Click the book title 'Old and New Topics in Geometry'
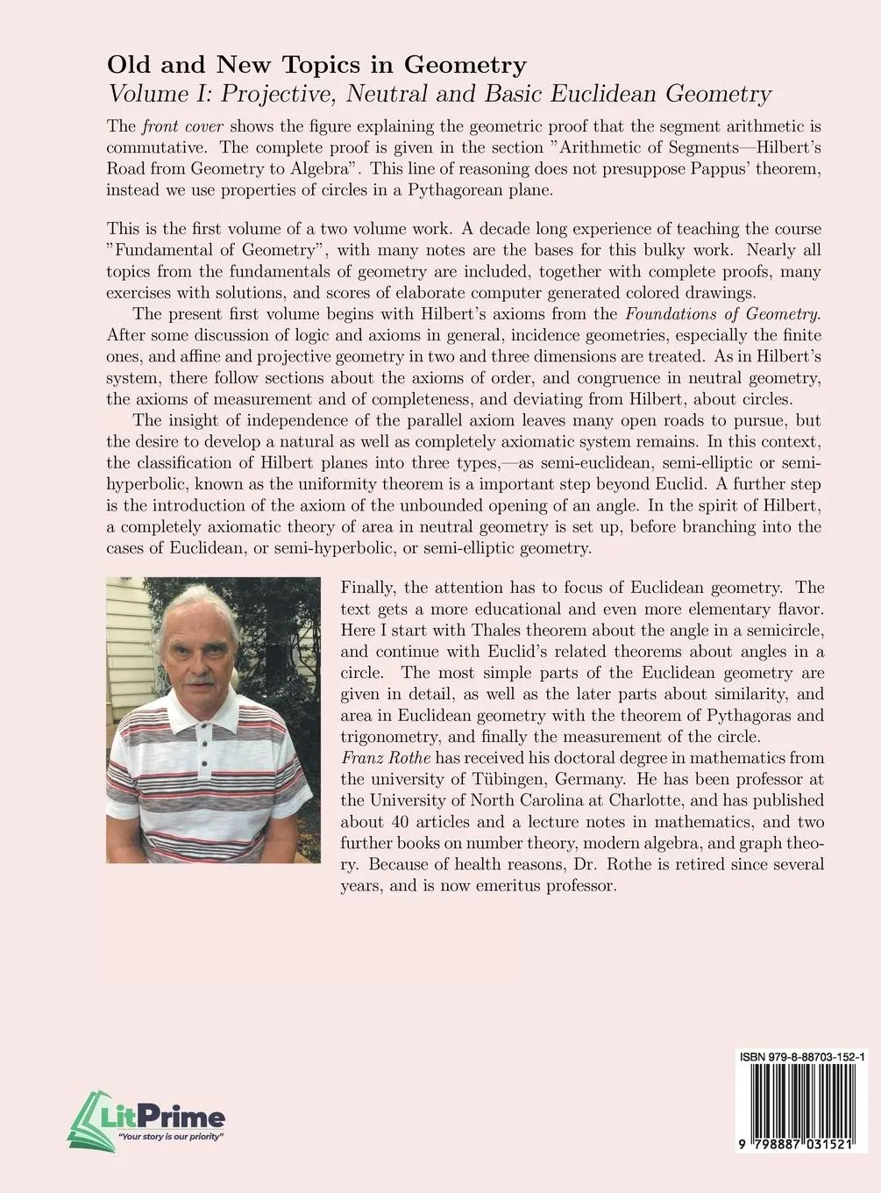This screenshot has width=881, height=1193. [x=316, y=65]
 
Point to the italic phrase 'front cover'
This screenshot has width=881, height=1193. [x=181, y=125]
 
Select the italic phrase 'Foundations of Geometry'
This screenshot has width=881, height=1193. [x=722, y=314]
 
